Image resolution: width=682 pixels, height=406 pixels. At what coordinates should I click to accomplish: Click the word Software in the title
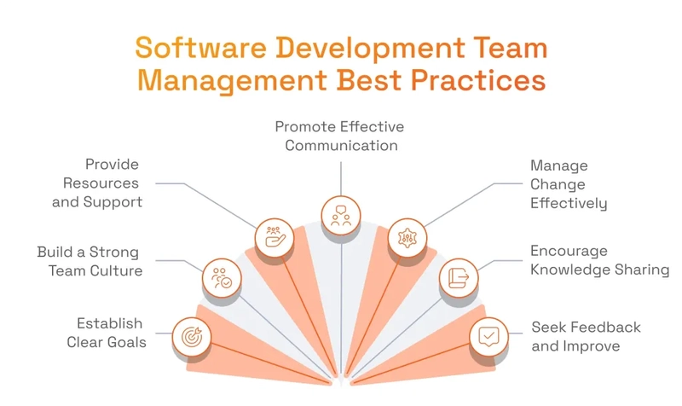(200, 48)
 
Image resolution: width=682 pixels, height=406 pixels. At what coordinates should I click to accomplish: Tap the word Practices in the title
(478, 80)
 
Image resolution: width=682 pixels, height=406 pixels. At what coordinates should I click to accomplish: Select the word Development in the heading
(370, 49)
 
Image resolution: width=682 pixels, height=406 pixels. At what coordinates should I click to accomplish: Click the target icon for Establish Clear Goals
(192, 337)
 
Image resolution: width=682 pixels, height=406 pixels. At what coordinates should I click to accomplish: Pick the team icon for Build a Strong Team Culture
(222, 278)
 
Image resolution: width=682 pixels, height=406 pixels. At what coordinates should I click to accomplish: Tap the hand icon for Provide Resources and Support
(275, 238)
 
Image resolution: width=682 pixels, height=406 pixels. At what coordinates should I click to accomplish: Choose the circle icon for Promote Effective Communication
(341, 216)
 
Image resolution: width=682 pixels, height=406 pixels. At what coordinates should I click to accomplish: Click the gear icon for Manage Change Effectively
(407, 238)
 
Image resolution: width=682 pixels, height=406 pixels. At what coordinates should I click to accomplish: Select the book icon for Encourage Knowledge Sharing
(459, 278)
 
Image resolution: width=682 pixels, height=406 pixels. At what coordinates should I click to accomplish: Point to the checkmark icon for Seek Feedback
(488, 337)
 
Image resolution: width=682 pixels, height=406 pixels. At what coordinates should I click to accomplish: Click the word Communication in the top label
(342, 145)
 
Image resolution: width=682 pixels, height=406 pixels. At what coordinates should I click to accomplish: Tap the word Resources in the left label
(101, 183)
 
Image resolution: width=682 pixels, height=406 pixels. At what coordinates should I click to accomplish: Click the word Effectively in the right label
(569, 203)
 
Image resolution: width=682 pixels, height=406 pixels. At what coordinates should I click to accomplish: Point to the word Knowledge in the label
(564, 270)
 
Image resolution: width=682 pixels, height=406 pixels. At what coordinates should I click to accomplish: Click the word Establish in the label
(110, 323)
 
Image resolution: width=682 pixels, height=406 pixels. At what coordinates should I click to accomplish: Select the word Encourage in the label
(569, 251)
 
